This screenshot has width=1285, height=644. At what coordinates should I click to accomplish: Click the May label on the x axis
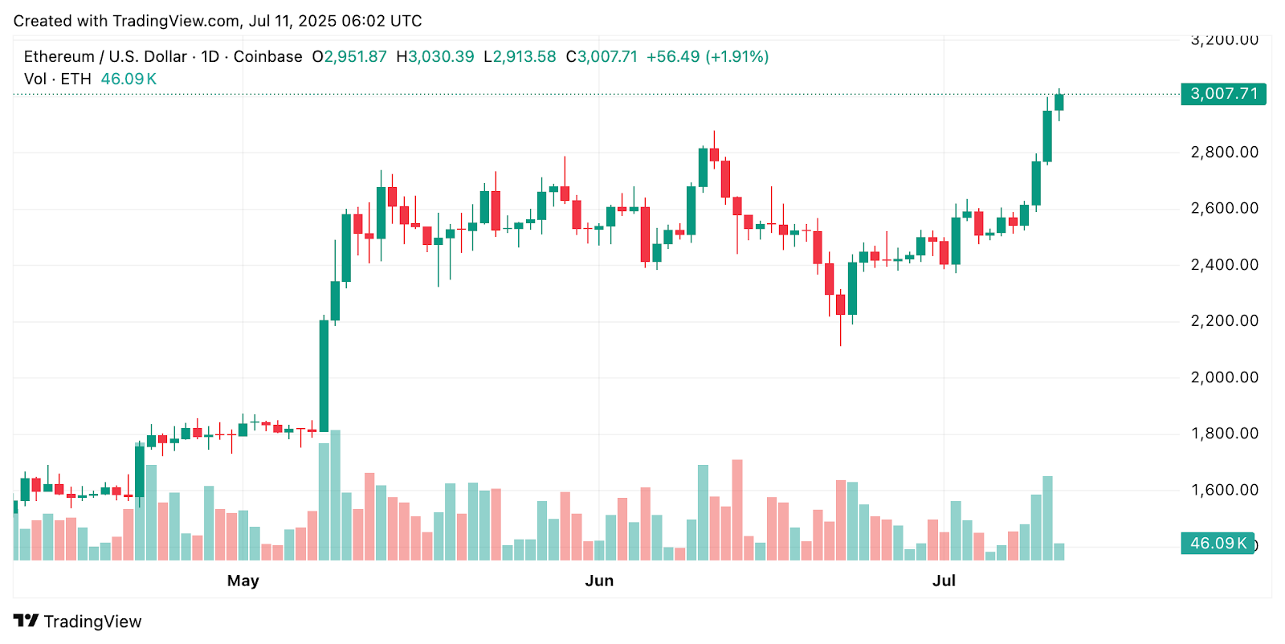pyautogui.click(x=243, y=581)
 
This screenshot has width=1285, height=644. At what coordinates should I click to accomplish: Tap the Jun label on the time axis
pyautogui.click(x=599, y=581)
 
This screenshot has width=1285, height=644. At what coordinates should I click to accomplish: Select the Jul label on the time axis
pyautogui.click(x=944, y=581)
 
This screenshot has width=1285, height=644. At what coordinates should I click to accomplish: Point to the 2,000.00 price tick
pyautogui.click(x=1224, y=377)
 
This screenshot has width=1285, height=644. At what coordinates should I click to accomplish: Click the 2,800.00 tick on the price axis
pyautogui.click(x=1224, y=152)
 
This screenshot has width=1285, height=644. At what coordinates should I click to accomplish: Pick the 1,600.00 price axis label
pyautogui.click(x=1224, y=490)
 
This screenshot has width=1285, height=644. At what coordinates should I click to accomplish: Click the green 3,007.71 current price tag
pyautogui.click(x=1223, y=94)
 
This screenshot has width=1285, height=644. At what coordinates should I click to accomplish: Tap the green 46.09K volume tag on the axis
pyautogui.click(x=1218, y=544)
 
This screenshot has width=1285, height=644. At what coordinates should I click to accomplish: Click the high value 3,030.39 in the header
pyautogui.click(x=441, y=57)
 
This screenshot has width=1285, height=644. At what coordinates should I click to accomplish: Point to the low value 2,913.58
pyautogui.click(x=524, y=57)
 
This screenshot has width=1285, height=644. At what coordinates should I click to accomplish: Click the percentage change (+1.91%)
pyautogui.click(x=736, y=57)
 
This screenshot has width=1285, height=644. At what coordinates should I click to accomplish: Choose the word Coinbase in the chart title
pyautogui.click(x=267, y=57)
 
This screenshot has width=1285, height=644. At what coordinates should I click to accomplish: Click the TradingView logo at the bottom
pyautogui.click(x=78, y=622)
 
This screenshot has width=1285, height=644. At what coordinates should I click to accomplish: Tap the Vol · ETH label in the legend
pyautogui.click(x=58, y=79)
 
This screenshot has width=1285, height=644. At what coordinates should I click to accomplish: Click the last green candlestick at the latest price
pyautogui.click(x=1059, y=102)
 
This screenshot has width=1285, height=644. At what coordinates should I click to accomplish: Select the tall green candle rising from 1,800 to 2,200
pyautogui.click(x=324, y=376)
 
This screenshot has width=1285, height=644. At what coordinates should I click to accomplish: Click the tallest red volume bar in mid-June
pyautogui.click(x=737, y=509)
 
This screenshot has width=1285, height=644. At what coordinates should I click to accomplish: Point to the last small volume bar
pyautogui.click(x=1059, y=552)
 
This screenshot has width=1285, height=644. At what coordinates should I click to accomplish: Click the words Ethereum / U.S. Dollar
pyautogui.click(x=104, y=57)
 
